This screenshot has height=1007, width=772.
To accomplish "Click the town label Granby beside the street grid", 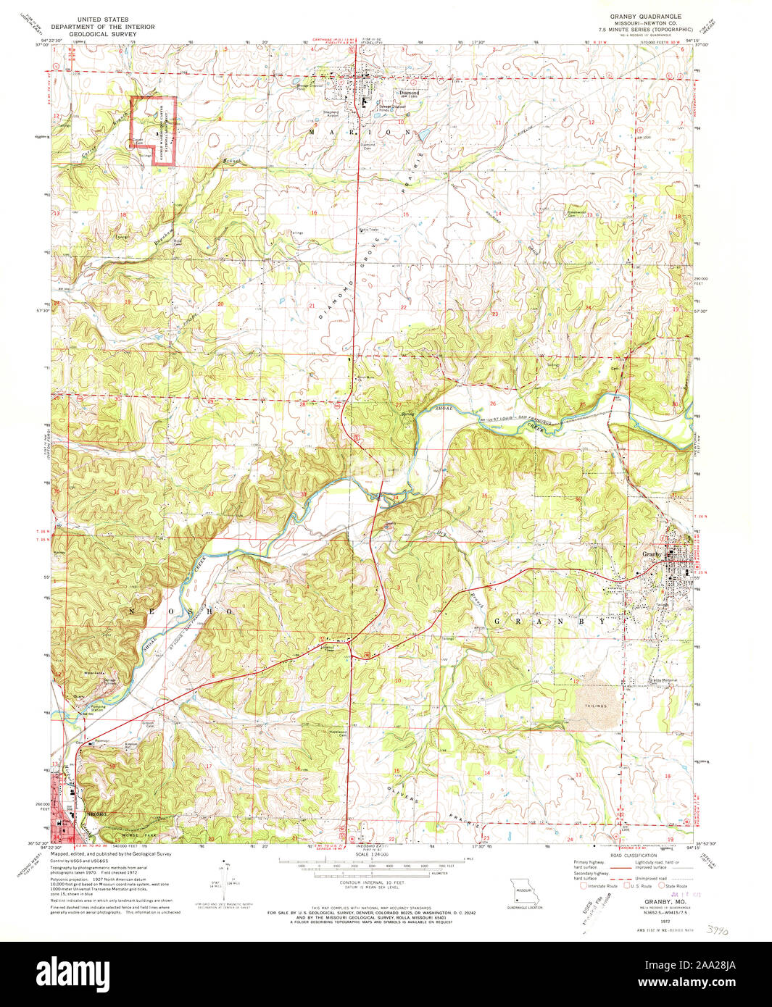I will coord(652,554).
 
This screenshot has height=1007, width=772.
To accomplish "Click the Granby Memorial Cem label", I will coord(663,680).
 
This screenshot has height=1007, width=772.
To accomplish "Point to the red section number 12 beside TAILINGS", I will coord(576,681).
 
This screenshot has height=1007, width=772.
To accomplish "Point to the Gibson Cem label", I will coord(151,725).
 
